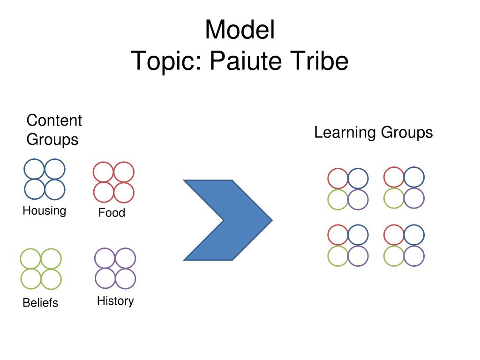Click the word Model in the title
click(x=240, y=30)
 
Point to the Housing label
click(x=45, y=211)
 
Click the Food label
click(x=112, y=212)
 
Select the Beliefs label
click(x=40, y=303)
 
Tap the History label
click(x=115, y=301)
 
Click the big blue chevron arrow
click(x=227, y=220)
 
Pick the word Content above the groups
click(x=54, y=120)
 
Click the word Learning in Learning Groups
click(x=345, y=133)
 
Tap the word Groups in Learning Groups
click(x=407, y=133)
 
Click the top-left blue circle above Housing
click(x=34, y=169)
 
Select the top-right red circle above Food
click(x=124, y=172)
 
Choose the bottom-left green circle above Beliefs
click(x=30, y=279)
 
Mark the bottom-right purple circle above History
click(x=126, y=278)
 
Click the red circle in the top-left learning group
click(x=337, y=178)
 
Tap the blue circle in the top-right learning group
click(x=414, y=177)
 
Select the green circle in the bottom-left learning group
click(x=337, y=256)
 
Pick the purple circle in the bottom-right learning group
click(x=414, y=256)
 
